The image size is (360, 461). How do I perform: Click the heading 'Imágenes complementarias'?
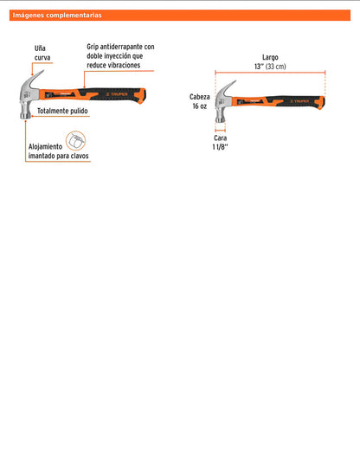pos(57,16)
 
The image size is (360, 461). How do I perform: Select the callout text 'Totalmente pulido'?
pos(62,111)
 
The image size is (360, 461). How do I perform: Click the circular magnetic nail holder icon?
pos(75,141)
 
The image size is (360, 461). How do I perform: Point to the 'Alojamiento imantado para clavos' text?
pos(59,151)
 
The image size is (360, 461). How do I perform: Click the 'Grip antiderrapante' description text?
pos(120,56)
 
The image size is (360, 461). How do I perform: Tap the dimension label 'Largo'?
pos(270,57)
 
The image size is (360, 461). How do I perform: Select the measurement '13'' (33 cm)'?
pos(270,67)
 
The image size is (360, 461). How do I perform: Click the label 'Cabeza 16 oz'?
pos(199,101)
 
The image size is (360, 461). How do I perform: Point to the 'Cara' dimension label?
pos(221,138)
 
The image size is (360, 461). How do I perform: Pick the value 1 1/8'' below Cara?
pos(221,147)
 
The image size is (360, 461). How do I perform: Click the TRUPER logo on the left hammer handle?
pos(117,94)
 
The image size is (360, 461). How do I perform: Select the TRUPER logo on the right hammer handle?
pos(299,101)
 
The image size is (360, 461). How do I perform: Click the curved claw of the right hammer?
pos(228,87)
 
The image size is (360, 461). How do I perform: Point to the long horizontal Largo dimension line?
pos(270,73)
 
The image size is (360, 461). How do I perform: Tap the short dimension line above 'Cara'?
pos(221,131)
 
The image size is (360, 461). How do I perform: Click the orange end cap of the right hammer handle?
pos(321,103)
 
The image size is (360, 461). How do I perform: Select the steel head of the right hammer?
pos(222,103)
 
